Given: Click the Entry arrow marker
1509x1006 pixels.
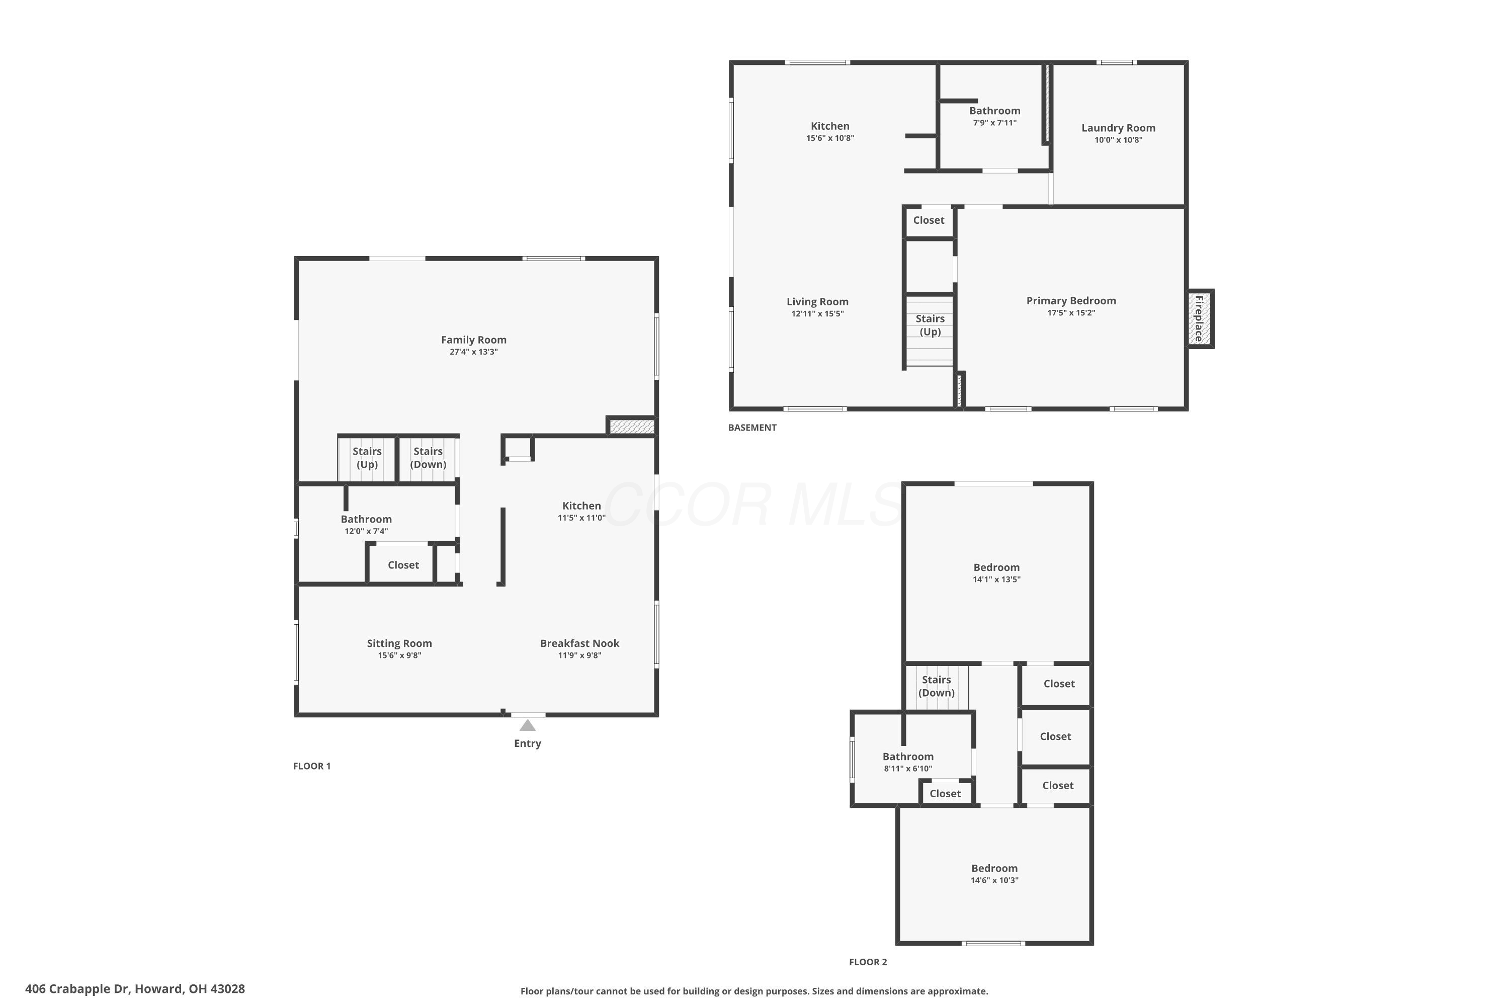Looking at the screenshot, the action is tap(527, 725).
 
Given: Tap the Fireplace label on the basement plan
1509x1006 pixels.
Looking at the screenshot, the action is tap(1198, 319).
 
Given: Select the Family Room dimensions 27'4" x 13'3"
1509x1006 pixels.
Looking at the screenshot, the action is tap(473, 352).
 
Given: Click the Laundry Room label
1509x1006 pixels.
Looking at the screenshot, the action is tap(1118, 128).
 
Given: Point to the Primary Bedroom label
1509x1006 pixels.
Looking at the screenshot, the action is tap(1071, 301).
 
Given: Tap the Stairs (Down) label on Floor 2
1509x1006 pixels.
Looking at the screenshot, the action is tap(936, 687).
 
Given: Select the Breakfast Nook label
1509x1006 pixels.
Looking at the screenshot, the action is tap(579, 643).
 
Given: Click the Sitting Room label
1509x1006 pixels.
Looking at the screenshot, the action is tap(399, 643).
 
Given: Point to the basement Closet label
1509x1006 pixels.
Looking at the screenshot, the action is tap(929, 220).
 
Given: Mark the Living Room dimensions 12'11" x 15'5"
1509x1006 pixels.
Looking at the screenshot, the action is tap(817, 314).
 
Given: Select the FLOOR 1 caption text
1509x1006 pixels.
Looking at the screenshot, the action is tap(312, 766).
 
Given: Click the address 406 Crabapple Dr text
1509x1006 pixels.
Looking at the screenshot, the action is tap(77, 989).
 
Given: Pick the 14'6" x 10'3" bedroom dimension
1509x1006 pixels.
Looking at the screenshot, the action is tap(994, 881).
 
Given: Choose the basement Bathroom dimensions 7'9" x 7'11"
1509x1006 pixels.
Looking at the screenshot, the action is tap(994, 123).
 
